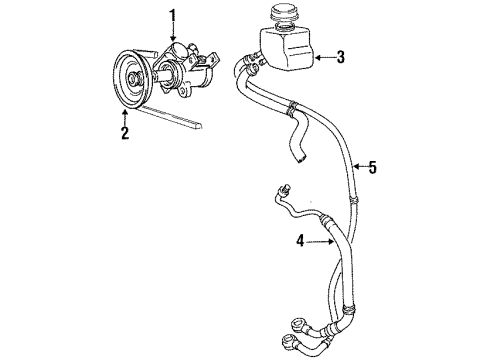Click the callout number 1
click(x=172, y=15)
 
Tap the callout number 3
click(x=340, y=57)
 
